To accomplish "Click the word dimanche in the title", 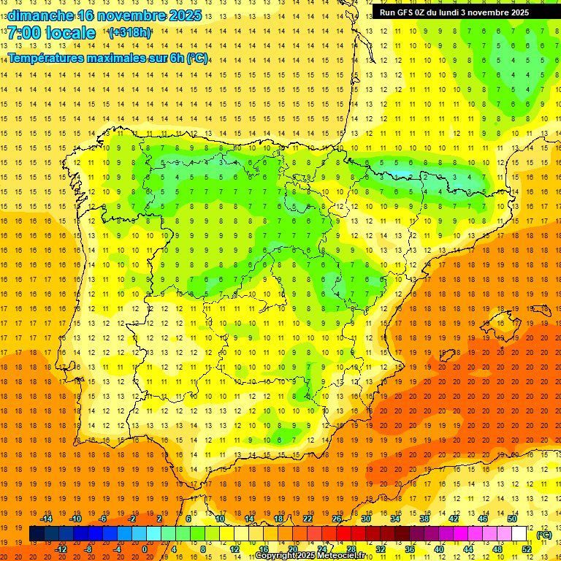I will [39, 15].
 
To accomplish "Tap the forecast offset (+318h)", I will [129, 33].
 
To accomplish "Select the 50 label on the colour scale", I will [511, 519].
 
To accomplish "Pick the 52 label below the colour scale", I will [527, 549].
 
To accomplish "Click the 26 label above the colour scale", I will [337, 519].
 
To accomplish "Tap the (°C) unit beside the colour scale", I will [544, 535].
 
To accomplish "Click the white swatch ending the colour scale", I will [519, 534].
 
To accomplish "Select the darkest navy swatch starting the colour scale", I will [37, 534].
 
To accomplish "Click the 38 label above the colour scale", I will [424, 519].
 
